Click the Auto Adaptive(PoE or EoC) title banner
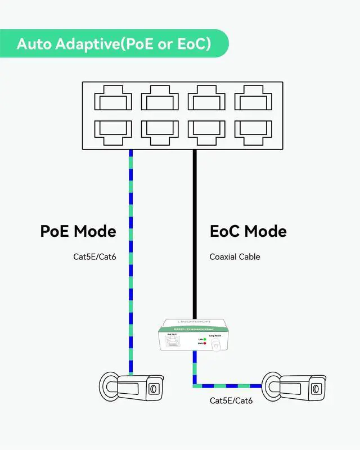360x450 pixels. pyautogui.click(x=114, y=44)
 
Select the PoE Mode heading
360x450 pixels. pyautogui.click(x=78, y=231)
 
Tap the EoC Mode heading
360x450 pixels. pyautogui.click(x=248, y=231)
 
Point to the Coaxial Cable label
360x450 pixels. pyautogui.click(x=235, y=257)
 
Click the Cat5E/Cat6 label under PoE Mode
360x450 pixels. pyautogui.click(x=95, y=257)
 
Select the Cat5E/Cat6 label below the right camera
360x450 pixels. pyautogui.click(x=231, y=400)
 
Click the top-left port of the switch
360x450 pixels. pyautogui.click(x=113, y=100)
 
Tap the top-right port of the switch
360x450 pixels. pyautogui.click(x=253, y=100)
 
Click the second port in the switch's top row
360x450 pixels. pyautogui.click(x=160, y=100)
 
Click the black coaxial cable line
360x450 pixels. pyautogui.click(x=194, y=236)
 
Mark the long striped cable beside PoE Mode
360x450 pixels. pyautogui.click(x=131, y=259)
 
